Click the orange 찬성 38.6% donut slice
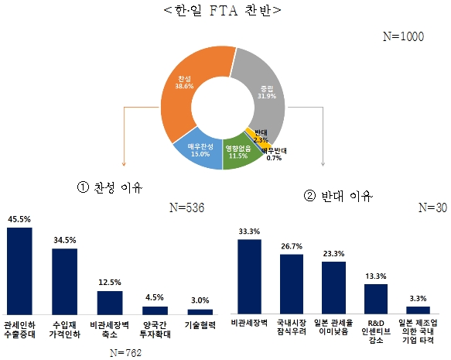point(183,85)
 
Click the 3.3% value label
point(417,297)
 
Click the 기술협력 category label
point(200,326)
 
